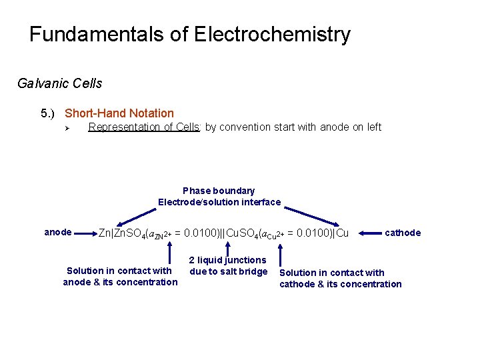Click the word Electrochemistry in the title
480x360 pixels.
pos(272,35)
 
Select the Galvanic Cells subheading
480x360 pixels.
pos(60,83)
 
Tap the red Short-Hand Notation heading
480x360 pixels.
pos(119,113)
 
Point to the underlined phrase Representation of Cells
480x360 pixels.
pos(145,127)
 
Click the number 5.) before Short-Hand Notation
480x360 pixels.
pos(50,113)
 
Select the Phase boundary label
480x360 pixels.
pos(219,191)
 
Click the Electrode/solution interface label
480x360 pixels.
pos(219,202)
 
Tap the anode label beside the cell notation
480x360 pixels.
pos(58,232)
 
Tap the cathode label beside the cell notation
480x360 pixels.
pos(403,233)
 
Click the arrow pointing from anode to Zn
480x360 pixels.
pos(85,233)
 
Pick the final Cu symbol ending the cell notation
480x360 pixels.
pos(343,233)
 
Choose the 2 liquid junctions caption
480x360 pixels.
pos(228,265)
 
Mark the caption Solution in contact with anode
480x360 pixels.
pos(120,276)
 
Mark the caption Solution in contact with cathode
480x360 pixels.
pos(340,278)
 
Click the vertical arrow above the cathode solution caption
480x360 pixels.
pos(281,254)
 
